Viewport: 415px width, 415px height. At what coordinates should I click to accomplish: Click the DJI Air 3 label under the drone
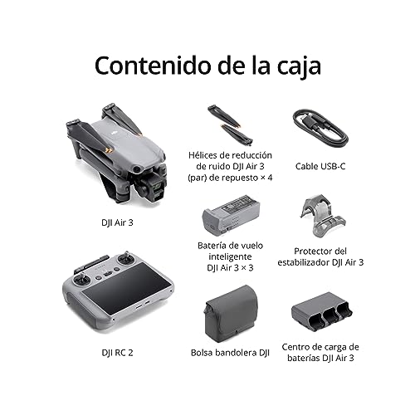pyautogui.click(x=117, y=222)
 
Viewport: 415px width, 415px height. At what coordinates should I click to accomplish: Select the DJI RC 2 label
pyautogui.click(x=117, y=353)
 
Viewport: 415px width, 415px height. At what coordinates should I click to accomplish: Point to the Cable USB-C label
pyautogui.click(x=320, y=166)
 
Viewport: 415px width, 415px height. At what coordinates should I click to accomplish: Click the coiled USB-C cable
pyautogui.click(x=320, y=129)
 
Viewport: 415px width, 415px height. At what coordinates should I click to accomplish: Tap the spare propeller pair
pyautogui.click(x=230, y=125)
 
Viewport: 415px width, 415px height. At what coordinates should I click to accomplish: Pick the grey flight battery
pyautogui.click(x=231, y=213)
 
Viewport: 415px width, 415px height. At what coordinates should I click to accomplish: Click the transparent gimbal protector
pyautogui.click(x=323, y=216)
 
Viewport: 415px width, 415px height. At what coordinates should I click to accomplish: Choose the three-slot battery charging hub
pyautogui.click(x=321, y=313)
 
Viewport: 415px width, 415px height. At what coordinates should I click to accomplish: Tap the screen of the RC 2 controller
pyautogui.click(x=125, y=288)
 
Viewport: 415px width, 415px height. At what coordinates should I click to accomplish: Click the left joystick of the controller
pyautogui.click(x=81, y=280)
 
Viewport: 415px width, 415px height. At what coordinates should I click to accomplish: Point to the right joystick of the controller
pyautogui.click(x=126, y=259)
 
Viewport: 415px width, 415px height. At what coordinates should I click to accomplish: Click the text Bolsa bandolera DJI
pyautogui.click(x=230, y=353)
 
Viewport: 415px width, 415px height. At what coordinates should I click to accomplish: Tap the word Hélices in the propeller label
pyautogui.click(x=203, y=155)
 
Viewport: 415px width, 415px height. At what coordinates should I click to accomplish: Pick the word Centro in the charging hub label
pyautogui.click(x=295, y=347)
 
